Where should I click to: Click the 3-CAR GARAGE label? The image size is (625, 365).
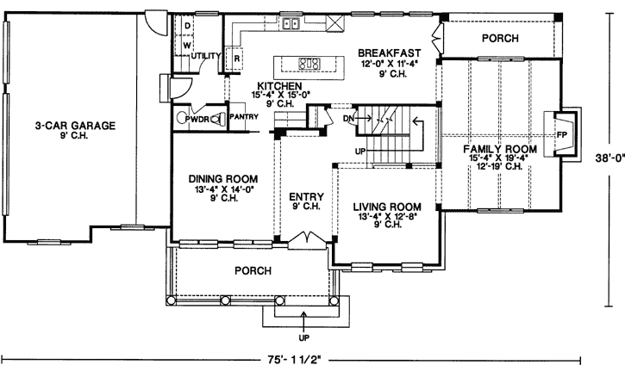click(x=74, y=126)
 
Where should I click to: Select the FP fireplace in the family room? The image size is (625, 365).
click(x=561, y=136)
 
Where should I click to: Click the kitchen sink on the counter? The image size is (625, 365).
click(x=291, y=24)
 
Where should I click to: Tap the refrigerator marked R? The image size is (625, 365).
click(x=235, y=59)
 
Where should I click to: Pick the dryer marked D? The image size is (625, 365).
click(x=186, y=25)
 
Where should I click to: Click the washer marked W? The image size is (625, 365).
click(x=186, y=45)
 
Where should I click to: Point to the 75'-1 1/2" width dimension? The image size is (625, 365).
click(x=293, y=355)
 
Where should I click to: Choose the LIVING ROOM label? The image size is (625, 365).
click(x=387, y=207)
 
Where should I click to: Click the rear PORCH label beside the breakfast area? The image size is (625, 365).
click(x=499, y=39)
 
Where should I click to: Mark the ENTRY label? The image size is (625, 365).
click(x=305, y=195)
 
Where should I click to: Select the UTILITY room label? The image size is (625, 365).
click(x=207, y=56)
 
